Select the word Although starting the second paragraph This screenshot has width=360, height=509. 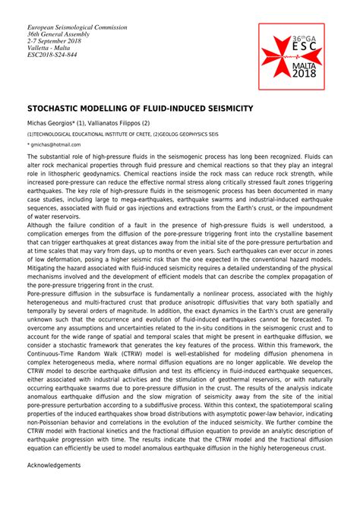pyautogui.click(x=43, y=225)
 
